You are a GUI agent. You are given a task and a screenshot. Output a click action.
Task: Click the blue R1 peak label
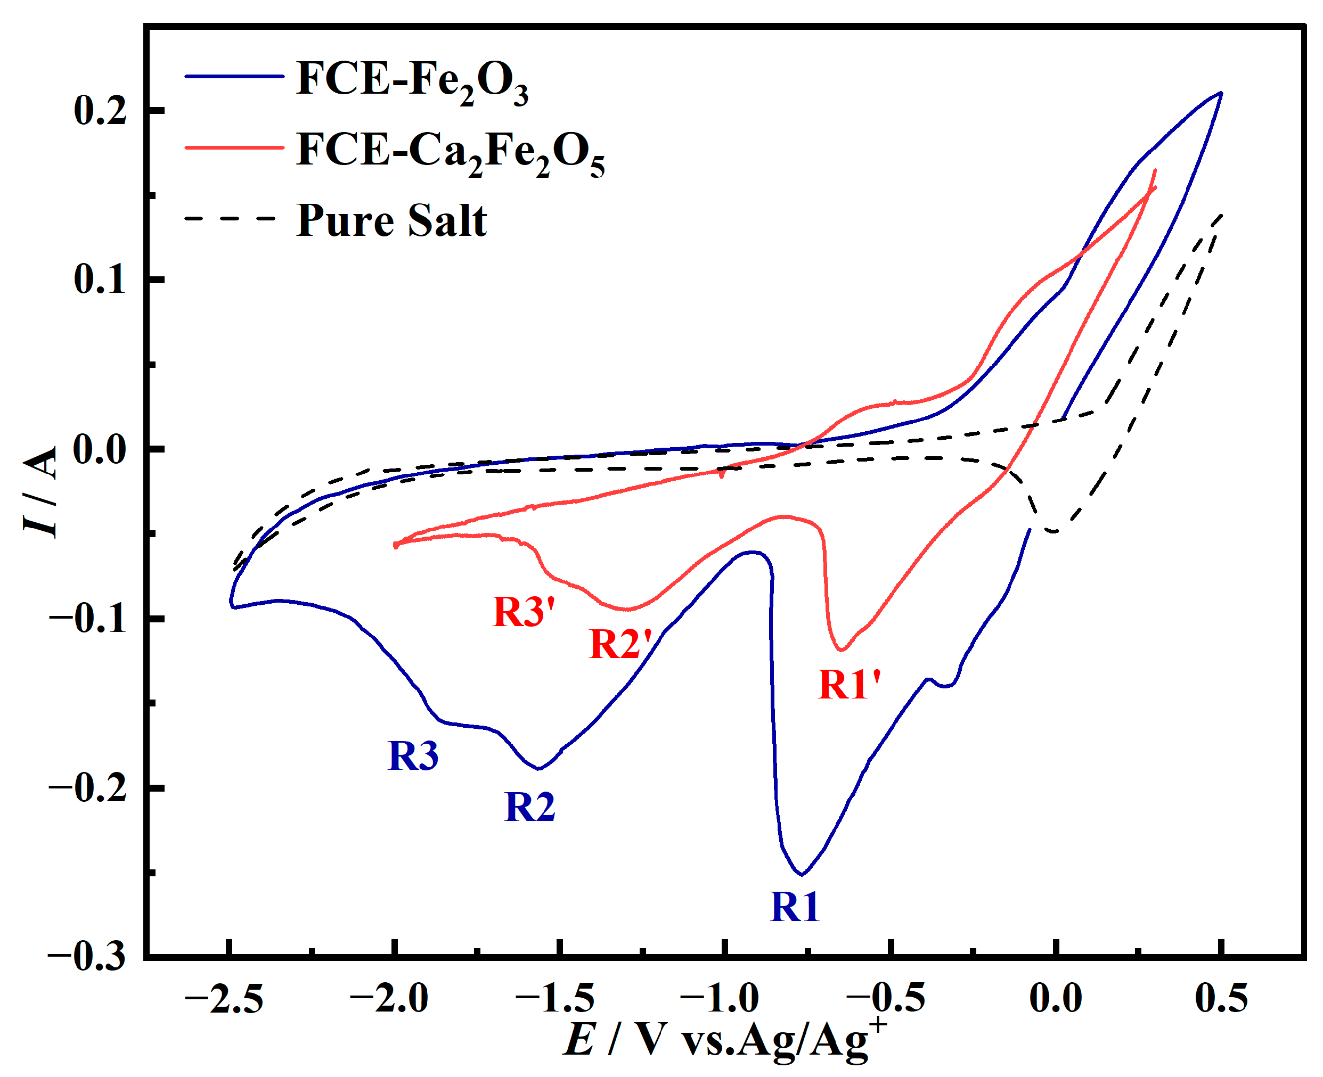(794, 907)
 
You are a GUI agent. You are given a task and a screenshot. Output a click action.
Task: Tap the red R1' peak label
(849, 685)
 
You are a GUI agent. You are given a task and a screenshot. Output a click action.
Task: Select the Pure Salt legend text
(391, 220)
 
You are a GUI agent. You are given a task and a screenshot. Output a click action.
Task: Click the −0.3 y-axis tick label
(87, 956)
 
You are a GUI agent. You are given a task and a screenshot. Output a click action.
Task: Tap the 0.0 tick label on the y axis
(99, 449)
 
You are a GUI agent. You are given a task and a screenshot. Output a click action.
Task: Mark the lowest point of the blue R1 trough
(802, 874)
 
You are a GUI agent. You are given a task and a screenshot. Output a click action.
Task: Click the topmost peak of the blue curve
(1221, 93)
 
